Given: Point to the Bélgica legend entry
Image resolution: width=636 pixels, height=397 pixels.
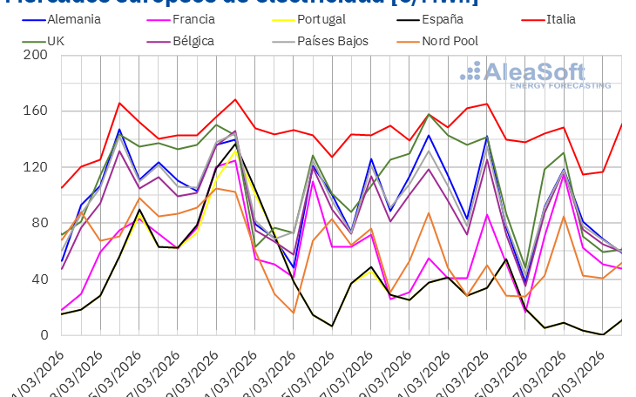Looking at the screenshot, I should tap(196, 41).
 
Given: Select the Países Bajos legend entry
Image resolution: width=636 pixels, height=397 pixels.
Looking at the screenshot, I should tap(333, 41).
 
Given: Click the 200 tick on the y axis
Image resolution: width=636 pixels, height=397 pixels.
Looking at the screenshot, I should tap(35, 56).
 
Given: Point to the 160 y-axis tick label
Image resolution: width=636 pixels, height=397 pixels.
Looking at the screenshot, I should tap(35, 111).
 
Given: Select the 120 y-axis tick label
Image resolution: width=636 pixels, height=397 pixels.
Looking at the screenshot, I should tap(35, 167).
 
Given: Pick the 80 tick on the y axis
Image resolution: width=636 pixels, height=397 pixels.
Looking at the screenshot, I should tap(38, 224).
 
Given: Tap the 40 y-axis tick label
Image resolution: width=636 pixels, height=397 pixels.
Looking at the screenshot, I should tap(38, 279).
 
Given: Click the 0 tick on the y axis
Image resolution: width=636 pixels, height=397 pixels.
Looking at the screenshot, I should tap(42, 335).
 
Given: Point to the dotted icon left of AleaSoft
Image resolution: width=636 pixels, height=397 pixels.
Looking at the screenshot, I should tap(470, 72).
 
